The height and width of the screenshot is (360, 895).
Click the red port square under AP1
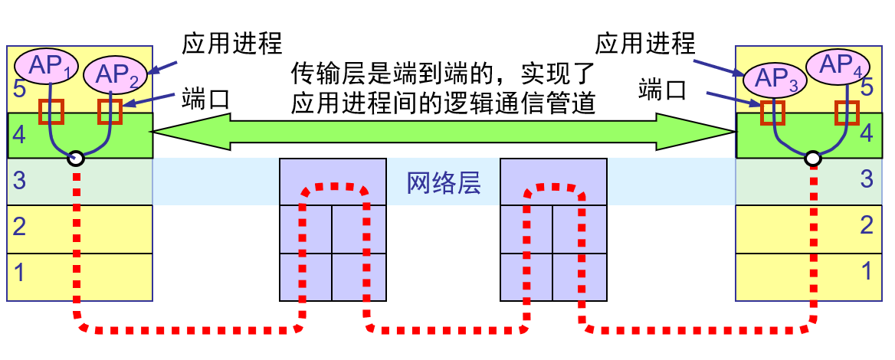pyautogui.click(x=52, y=112)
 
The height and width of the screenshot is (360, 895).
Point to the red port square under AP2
pyautogui.click(x=110, y=112)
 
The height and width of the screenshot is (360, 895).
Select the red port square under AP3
pyautogui.click(x=773, y=113)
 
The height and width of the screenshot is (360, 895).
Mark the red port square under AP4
pyautogui.click(x=847, y=113)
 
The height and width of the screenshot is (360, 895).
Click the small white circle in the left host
pyautogui.click(x=75, y=159)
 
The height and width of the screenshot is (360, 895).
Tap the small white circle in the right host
pyautogui.click(x=813, y=159)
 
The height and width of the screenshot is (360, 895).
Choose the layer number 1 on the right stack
pyautogui.click(x=867, y=270)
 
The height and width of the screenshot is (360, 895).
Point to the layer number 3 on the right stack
pyautogui.click(x=867, y=180)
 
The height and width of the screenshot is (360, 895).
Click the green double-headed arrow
pyautogui.click(x=444, y=131)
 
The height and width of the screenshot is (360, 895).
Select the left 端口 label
pyautogui.click(x=205, y=98)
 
